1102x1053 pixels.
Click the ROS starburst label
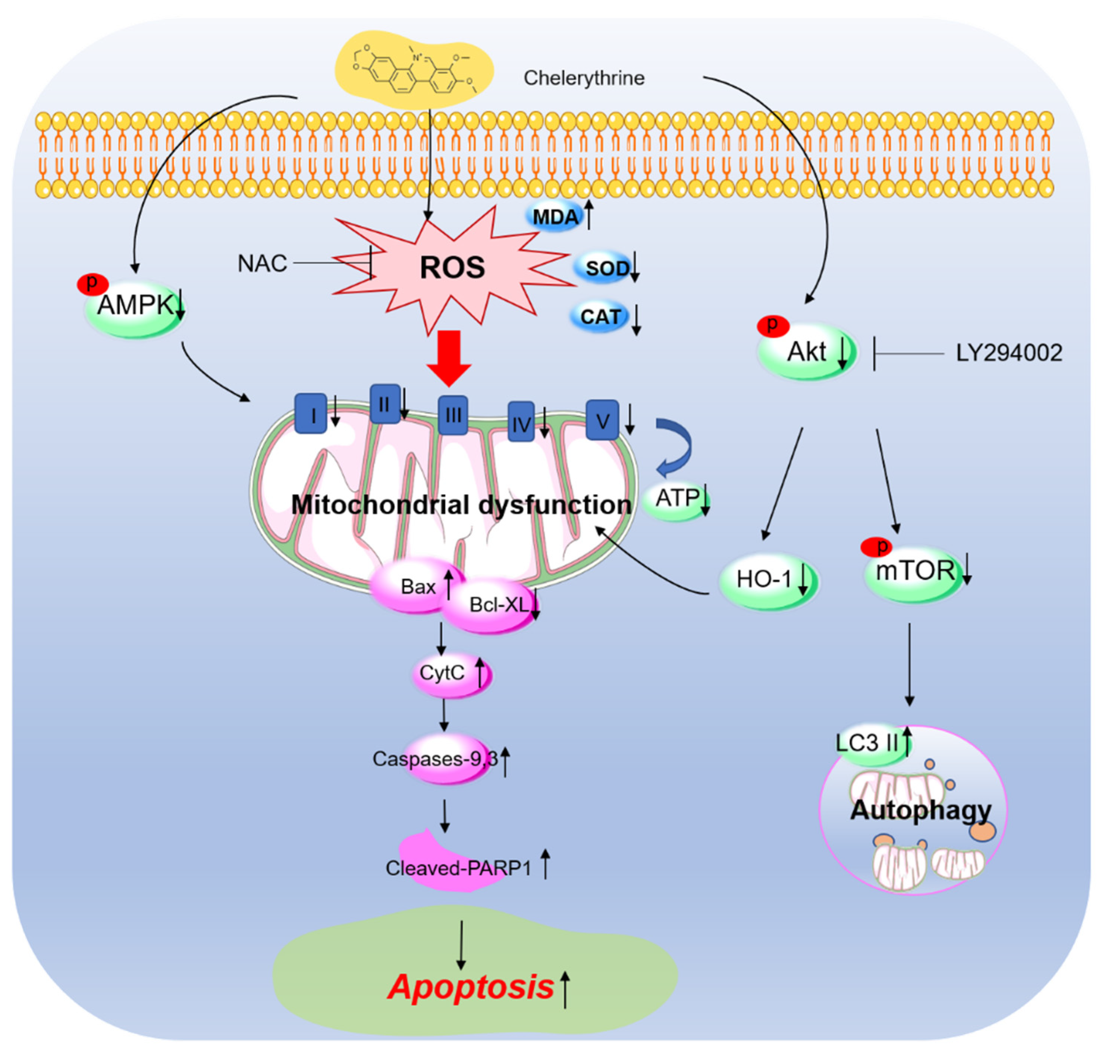[452, 268]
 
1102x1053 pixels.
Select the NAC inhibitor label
[262, 263]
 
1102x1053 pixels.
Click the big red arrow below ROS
[449, 357]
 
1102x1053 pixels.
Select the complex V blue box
[602, 420]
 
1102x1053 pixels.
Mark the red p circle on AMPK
[92, 283]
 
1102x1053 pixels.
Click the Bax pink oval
[417, 587]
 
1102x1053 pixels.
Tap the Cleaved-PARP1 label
[458, 868]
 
